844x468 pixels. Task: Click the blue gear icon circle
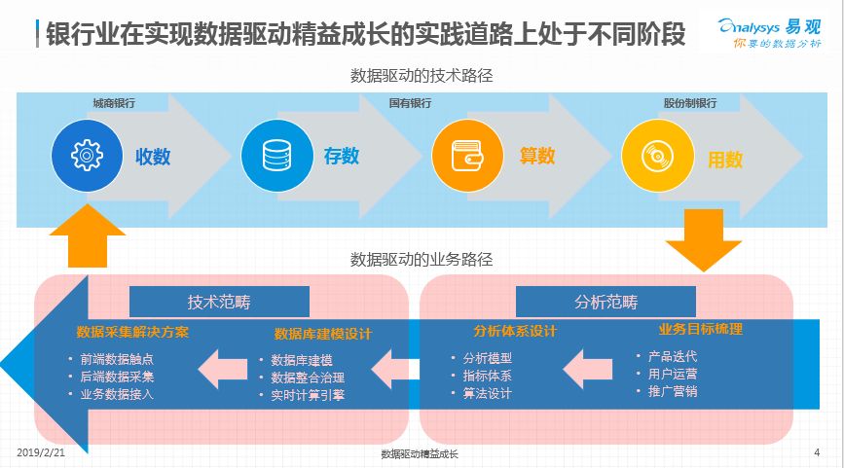(87, 156)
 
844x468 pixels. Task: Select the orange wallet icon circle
(466, 156)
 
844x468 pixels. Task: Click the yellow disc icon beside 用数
(654, 156)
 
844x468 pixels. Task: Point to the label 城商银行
(114, 103)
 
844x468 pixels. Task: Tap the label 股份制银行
(690, 103)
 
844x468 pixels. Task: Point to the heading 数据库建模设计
(323, 334)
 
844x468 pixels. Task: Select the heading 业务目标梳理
(701, 329)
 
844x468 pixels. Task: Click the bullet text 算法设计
(487, 394)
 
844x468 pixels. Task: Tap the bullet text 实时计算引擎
(307, 395)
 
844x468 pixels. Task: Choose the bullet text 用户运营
(672, 374)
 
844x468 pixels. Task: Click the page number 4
(816, 452)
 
